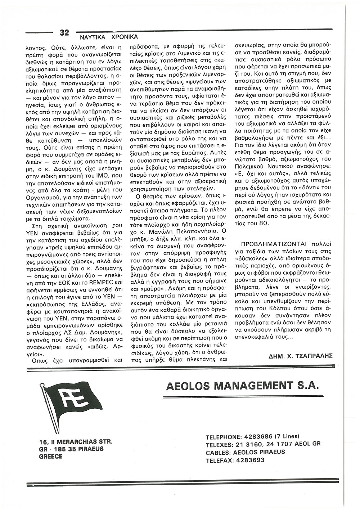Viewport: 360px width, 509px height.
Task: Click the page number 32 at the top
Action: [x=64, y=33]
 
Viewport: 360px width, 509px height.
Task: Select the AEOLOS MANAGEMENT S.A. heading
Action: [x=242, y=387]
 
